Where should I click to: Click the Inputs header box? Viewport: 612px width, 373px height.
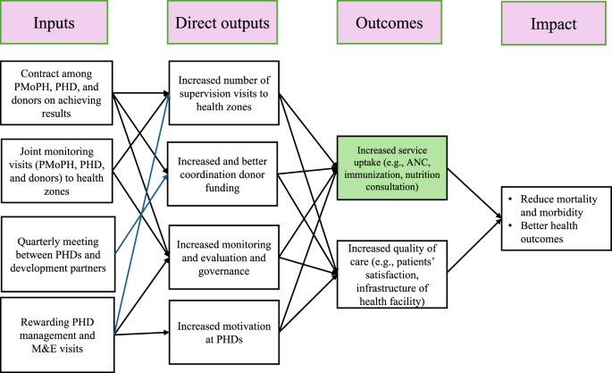(55, 23)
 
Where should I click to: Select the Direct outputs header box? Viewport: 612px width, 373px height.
(219, 23)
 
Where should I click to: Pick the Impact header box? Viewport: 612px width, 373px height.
(554, 23)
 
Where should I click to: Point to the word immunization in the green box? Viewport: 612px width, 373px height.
(373, 179)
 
